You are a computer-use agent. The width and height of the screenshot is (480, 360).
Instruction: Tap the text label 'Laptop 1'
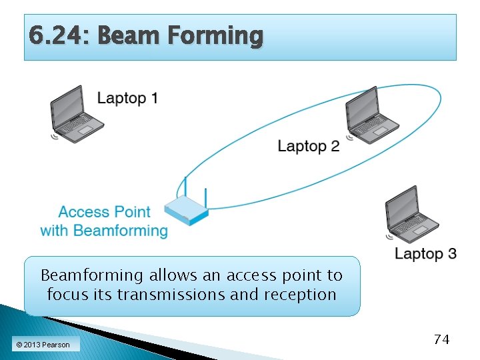tap(127, 99)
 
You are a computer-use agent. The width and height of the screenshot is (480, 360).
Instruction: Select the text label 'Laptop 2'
tap(308, 146)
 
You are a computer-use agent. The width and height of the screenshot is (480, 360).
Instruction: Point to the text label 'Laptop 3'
tap(425, 253)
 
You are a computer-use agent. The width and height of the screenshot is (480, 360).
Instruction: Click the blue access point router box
tap(186, 210)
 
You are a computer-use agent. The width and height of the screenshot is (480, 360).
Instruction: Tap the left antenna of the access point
tap(185, 187)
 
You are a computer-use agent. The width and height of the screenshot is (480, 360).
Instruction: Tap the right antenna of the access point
tap(205, 197)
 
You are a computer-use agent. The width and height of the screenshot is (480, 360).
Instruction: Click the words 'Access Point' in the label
tap(105, 212)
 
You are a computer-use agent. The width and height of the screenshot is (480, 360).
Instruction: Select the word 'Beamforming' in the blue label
tap(121, 231)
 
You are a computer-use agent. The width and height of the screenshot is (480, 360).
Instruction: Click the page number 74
tap(441, 339)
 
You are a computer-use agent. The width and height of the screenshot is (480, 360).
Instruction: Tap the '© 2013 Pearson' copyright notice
tap(43, 344)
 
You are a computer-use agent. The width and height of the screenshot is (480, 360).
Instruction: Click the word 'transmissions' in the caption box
tap(171, 295)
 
